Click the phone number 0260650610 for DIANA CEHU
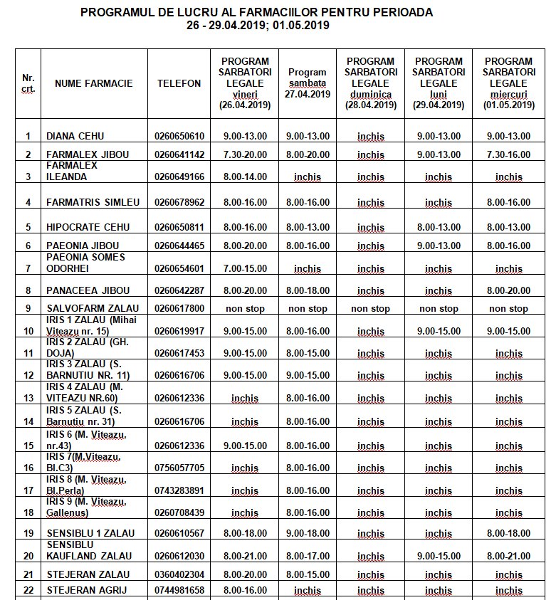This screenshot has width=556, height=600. point(179,137)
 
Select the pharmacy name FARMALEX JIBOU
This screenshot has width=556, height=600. point(82,154)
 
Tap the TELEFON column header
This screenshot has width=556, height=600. point(179,83)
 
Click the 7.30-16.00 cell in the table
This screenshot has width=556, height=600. point(508,154)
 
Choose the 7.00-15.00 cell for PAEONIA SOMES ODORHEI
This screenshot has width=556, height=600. point(244,268)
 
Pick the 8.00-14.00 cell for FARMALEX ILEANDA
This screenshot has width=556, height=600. point(244,177)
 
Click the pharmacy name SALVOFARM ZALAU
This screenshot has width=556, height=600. point(92,309)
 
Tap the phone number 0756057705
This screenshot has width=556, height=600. point(179,468)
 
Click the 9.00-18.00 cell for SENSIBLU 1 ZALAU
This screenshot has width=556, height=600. point(308,533)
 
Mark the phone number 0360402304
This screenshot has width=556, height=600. point(179,574)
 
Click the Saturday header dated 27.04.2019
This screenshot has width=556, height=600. point(308,83)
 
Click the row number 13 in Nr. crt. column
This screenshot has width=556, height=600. point(28,399)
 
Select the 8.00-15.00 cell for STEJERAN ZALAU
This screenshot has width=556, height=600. point(308,574)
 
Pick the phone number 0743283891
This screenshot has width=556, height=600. point(179,490)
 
